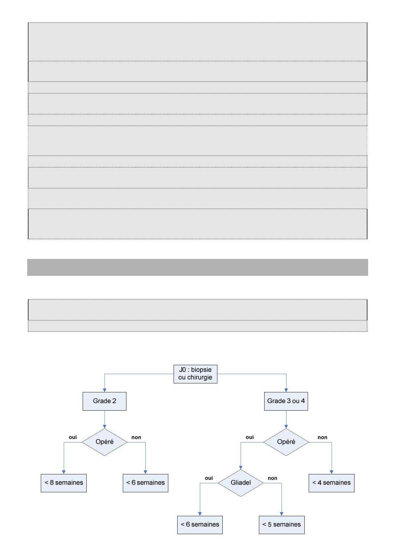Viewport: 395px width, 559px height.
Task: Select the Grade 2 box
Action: coord(105,401)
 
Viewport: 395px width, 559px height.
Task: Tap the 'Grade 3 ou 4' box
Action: coord(286,401)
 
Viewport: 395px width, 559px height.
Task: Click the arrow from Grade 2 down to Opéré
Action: coord(105,420)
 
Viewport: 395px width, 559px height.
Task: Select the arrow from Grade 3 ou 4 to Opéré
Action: coord(286,420)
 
